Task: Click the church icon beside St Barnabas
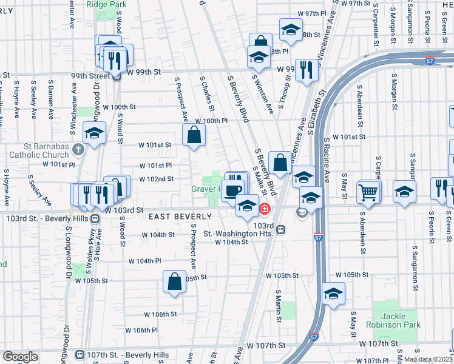coord(78,149)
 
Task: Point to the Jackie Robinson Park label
coord(397,320)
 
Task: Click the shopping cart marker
coord(368,191)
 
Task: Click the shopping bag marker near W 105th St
coord(174,281)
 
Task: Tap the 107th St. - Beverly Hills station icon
coord(79,354)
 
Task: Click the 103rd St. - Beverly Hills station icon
coord(95,217)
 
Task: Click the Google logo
coord(20,357)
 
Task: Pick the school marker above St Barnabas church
coord(94,133)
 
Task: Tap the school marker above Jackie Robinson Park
coord(333,294)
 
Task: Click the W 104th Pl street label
coord(144,260)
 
